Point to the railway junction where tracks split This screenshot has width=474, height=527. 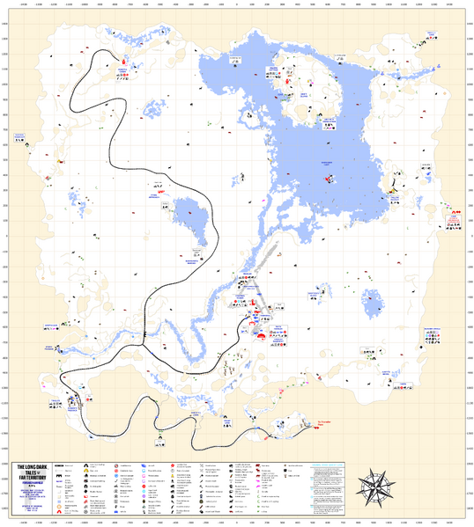144,335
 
